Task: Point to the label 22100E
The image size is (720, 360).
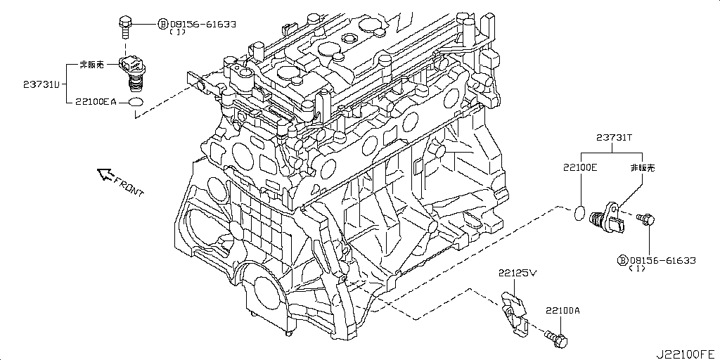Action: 579,168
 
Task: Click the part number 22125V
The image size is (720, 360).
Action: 518,272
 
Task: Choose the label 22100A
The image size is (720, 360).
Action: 561,310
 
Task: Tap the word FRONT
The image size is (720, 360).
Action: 129,185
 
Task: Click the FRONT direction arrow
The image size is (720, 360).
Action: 105,173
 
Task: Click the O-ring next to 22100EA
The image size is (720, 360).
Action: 136,103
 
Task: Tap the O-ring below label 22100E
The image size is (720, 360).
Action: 579,212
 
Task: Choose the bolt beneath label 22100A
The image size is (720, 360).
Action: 558,340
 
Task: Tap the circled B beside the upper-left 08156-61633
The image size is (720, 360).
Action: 163,24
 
